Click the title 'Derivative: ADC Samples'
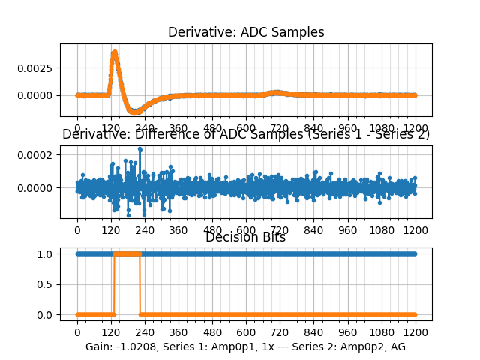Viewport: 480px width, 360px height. (x=246, y=32)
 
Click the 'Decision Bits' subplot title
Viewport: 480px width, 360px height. (x=246, y=238)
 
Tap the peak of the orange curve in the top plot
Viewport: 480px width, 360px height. (x=114, y=52)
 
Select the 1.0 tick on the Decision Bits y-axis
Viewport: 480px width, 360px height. (x=46, y=253)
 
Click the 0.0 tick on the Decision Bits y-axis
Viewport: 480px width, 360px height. (x=46, y=314)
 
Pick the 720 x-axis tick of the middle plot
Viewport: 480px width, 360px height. (x=280, y=230)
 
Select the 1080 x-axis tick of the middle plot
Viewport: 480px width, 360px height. (x=382, y=230)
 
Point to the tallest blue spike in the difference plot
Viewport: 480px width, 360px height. (x=139, y=149)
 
